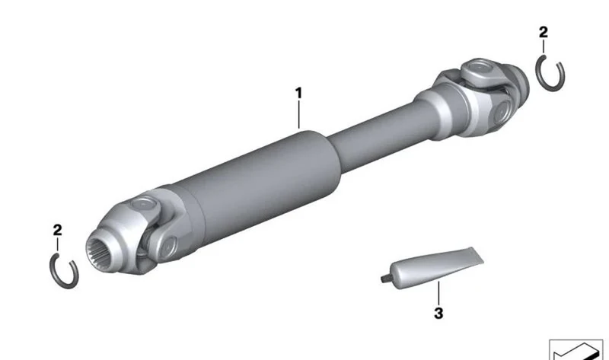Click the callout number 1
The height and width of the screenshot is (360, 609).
pos(298,93)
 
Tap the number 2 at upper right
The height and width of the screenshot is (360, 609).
pos(544,32)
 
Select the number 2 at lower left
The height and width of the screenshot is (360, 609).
pos(57,231)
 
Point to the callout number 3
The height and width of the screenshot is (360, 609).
pos(438,313)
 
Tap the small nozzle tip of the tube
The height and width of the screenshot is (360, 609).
pos(384,278)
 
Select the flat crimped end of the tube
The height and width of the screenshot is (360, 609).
pos(477,256)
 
